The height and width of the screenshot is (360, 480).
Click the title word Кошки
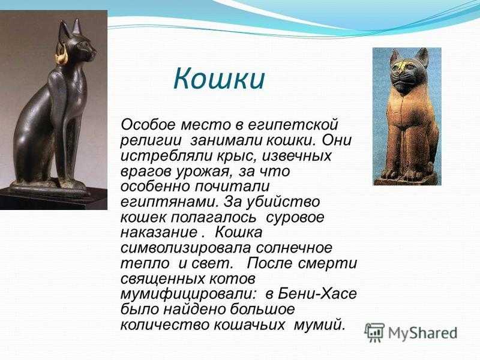218,79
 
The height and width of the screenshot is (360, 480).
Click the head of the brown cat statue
407,70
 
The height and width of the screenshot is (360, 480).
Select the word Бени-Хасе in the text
317,294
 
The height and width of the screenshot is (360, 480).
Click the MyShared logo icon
374,332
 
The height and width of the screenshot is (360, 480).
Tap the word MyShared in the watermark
423,333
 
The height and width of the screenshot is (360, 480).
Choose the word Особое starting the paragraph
148,125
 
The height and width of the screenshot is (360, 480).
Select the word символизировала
185,248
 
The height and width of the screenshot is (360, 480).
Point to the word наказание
158,233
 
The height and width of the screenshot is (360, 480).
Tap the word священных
163,279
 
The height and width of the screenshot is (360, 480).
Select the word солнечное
294,248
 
